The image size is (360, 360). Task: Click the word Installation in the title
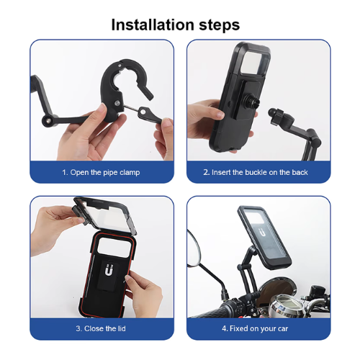153,25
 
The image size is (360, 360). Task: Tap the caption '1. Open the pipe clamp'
101,173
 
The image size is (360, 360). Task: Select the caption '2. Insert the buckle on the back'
256,172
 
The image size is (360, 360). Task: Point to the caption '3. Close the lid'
101,328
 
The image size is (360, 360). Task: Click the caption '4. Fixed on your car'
255,328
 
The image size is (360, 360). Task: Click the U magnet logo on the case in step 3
109,270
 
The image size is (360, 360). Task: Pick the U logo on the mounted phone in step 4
263,233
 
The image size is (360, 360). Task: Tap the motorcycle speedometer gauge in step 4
287,305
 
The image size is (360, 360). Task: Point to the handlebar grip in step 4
211,311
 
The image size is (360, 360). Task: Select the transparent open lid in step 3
105,215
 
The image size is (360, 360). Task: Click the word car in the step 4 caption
283,329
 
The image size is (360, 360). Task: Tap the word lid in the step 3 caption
121,328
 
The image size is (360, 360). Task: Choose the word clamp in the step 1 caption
130,173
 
